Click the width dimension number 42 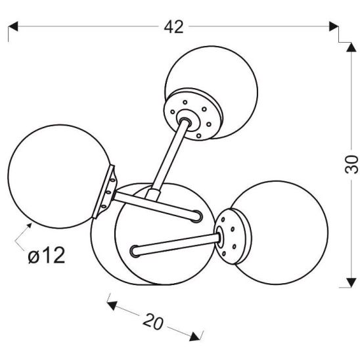[x=174, y=27]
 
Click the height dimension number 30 [x=351, y=164]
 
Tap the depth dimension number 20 [x=153, y=322]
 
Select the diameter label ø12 [x=47, y=256]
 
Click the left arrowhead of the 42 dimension [x=13, y=26]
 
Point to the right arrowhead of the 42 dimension [x=334, y=26]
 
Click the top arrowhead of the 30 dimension [x=351, y=47]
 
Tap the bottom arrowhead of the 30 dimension [x=351, y=282]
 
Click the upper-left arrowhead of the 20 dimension [x=112, y=305]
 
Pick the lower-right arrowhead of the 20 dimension [x=195, y=336]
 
